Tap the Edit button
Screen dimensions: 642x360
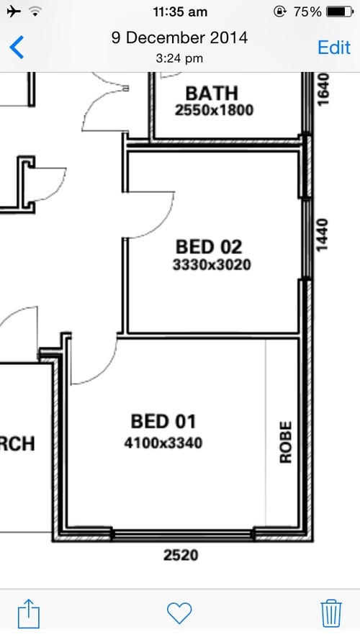pos(334,48)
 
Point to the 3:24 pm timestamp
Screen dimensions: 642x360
pos(179,58)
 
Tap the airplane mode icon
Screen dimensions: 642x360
pos(12,12)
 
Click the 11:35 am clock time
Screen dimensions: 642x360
pos(181,12)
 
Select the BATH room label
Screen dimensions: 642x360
pos(212,93)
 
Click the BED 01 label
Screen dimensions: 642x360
pos(163,421)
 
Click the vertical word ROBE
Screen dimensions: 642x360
pos(286,443)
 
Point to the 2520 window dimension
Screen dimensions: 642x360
pos(181,555)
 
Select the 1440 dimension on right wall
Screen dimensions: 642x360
pos(323,235)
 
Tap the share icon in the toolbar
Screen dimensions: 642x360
pos(28,614)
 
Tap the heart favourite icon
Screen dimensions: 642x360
pos(179,612)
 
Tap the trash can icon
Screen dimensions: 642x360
pos(330,612)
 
